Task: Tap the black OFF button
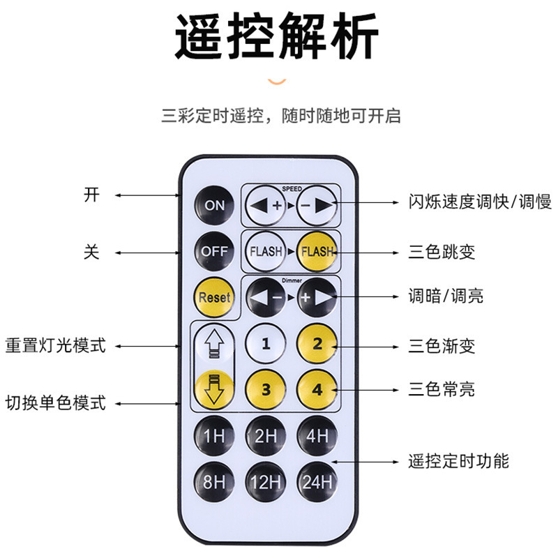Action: click(x=214, y=251)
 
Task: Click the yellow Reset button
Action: click(x=214, y=296)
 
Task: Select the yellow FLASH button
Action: click(x=317, y=251)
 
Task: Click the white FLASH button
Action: click(x=266, y=251)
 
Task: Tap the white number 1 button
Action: click(x=266, y=343)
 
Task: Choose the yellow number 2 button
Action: click(x=317, y=343)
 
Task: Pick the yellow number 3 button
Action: click(x=266, y=389)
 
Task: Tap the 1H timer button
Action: click(x=214, y=437)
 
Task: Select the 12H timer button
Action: click(x=266, y=482)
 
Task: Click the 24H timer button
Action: click(x=317, y=482)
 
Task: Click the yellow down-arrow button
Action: click(x=214, y=389)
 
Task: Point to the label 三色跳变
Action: click(x=442, y=252)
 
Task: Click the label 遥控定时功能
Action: click(x=458, y=461)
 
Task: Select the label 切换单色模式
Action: click(x=56, y=402)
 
